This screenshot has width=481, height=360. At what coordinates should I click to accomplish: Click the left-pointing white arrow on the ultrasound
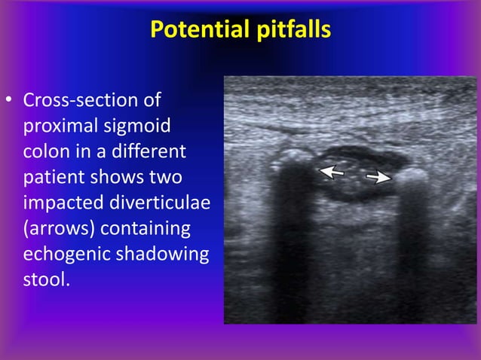coord(332,172)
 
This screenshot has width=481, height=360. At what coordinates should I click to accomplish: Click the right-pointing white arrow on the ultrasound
coord(378,178)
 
